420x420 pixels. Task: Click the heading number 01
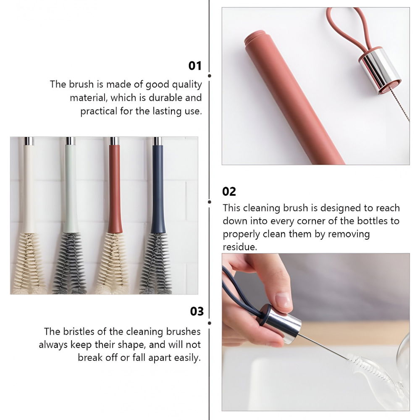(x=195, y=66)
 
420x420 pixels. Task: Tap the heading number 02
(x=229, y=192)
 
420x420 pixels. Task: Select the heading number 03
(x=197, y=311)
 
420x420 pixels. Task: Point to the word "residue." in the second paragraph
(x=240, y=247)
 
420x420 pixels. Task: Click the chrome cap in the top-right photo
(x=380, y=70)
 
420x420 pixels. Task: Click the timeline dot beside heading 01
(x=210, y=76)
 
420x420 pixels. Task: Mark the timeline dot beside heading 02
(x=210, y=202)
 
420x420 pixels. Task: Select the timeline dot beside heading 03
(x=210, y=323)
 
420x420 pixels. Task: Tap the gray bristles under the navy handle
(x=156, y=264)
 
